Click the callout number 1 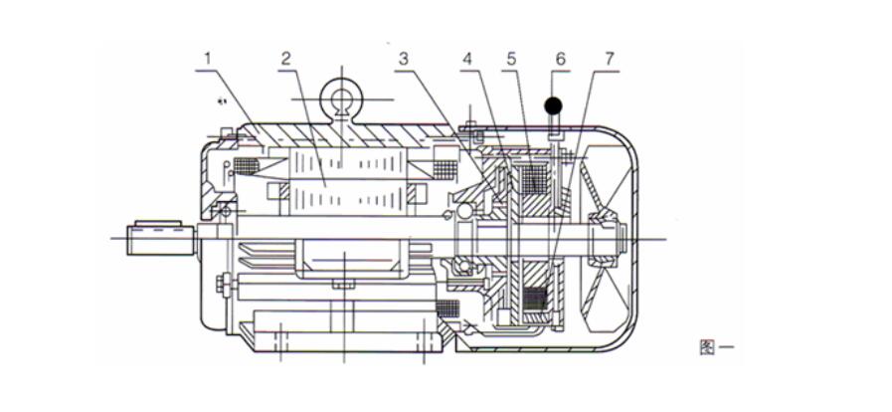tap(208, 59)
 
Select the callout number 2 tap(285, 59)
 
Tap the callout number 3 tap(403, 59)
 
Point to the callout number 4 tap(467, 59)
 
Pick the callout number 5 tap(511, 59)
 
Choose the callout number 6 tap(560, 59)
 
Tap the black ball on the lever tap(553, 103)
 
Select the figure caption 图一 tap(717, 346)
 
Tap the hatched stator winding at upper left tap(244, 165)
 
